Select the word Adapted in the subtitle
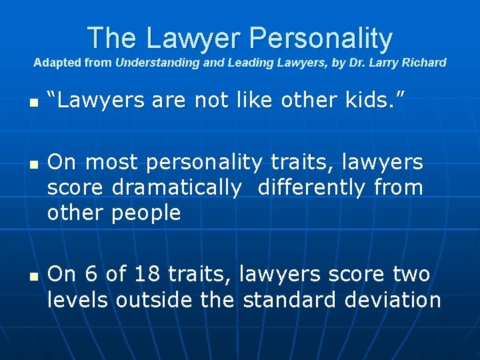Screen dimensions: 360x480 [x=55, y=63]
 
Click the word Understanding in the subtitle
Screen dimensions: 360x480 [x=151, y=63]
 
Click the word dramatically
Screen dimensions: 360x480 [x=177, y=188]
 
